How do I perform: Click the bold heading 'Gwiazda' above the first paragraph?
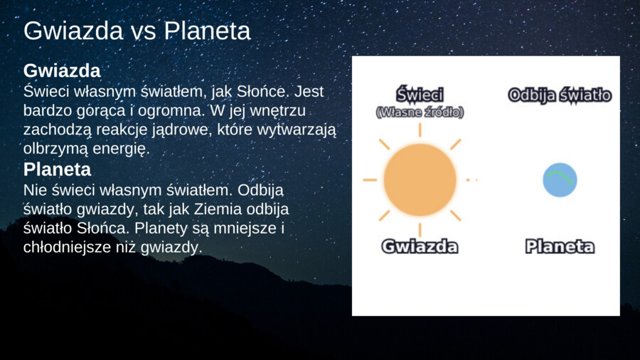[62, 71]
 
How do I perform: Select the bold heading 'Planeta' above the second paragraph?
[58, 170]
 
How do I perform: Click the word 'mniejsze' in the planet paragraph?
[250, 229]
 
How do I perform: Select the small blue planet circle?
[560, 180]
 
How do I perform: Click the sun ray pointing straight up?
[420, 129]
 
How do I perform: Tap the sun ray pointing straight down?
[420, 229]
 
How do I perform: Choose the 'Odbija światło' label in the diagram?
[560, 95]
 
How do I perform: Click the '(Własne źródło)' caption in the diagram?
[420, 112]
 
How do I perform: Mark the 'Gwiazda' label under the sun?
[420, 247]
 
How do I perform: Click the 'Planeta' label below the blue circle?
[560, 247]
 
